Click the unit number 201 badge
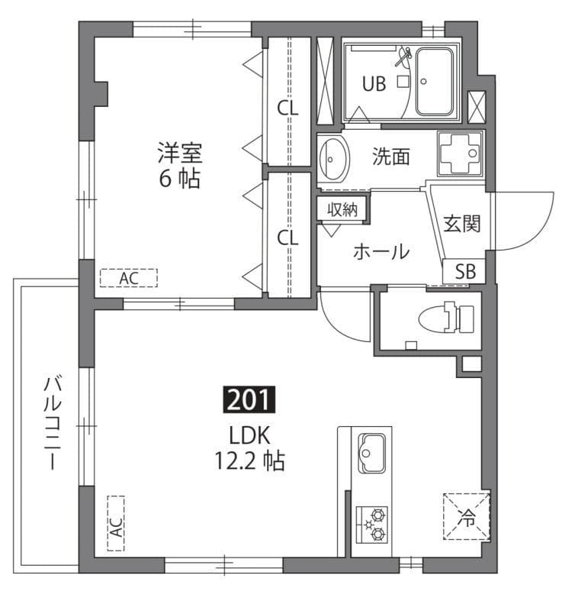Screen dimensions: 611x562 [x=248, y=399]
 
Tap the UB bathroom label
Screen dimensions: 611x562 [x=373, y=85]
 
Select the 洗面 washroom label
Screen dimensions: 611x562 [x=391, y=157]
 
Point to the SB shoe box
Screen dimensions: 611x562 [x=464, y=271]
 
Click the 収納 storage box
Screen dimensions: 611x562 [x=342, y=209]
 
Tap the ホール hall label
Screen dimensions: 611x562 [x=381, y=251]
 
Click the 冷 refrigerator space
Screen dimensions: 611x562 [x=466, y=517]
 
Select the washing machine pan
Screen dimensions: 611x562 [x=461, y=153]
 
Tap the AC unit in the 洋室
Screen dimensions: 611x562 [x=128, y=278]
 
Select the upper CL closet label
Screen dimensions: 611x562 [x=287, y=108]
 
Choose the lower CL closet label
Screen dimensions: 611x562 [x=287, y=238]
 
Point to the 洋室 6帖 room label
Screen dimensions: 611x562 [x=180, y=166]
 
